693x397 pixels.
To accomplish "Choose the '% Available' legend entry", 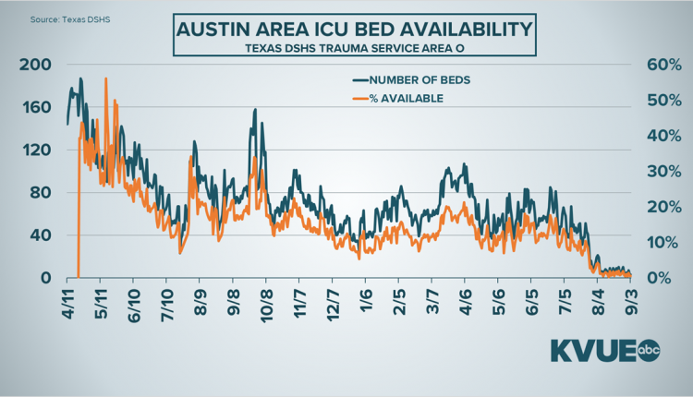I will (x=407, y=98).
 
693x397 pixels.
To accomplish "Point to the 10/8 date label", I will (x=266, y=302).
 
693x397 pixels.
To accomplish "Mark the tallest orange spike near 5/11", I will (x=106, y=79).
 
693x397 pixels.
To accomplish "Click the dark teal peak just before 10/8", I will (x=254, y=110).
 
